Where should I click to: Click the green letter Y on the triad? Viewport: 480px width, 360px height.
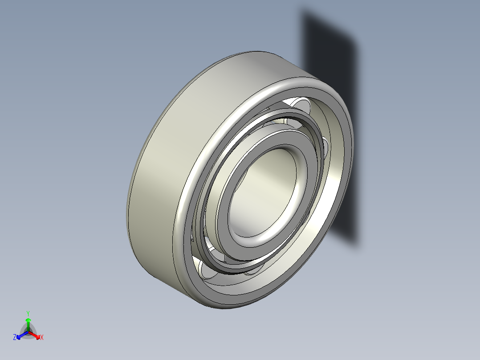pyautogui.click(x=28, y=313)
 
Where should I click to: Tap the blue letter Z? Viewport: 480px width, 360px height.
pyautogui.click(x=15, y=337)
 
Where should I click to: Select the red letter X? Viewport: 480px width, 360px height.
pyautogui.click(x=42, y=338)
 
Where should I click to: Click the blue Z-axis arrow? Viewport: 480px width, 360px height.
pyautogui.click(x=20, y=335)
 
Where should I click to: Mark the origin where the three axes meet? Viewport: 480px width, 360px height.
pyautogui.click(x=28, y=331)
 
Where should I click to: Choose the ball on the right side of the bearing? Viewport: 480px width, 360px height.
pyautogui.click(x=325, y=147)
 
